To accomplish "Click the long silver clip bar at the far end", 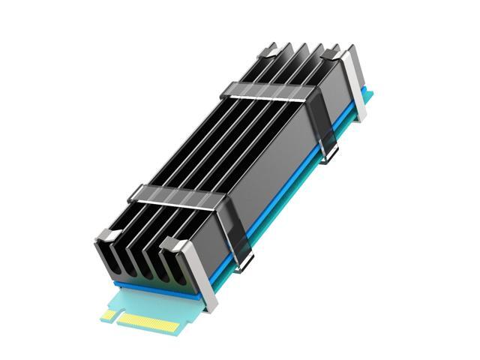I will click(x=354, y=82).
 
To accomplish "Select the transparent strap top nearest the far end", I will click(x=267, y=94).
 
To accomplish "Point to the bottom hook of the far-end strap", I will click(x=329, y=154).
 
